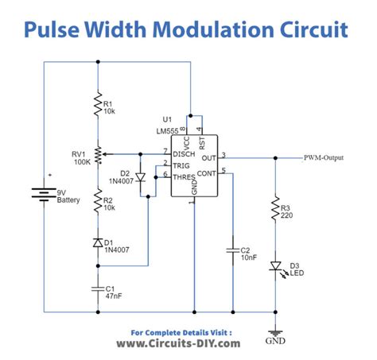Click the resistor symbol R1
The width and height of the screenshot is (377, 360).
coord(96,105)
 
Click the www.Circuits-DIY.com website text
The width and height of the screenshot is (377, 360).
coord(188,344)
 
